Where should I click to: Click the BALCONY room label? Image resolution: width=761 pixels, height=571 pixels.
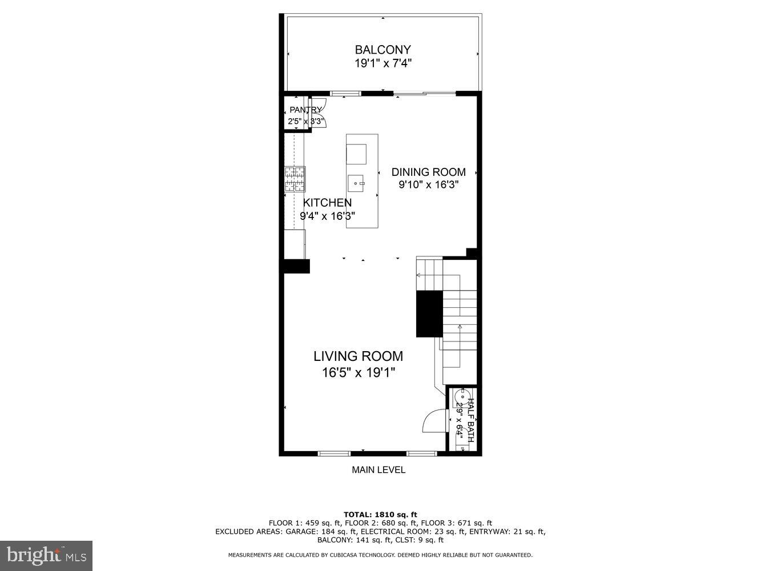382,50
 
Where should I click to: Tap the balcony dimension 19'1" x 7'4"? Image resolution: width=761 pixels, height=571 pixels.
382,63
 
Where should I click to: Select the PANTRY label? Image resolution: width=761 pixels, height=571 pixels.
305,110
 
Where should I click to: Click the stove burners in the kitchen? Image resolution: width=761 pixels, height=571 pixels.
295,179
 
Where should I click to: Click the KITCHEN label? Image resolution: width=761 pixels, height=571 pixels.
327,203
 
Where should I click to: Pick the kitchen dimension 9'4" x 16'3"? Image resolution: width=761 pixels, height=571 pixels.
327,216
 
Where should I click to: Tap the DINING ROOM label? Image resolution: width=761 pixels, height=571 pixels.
428,172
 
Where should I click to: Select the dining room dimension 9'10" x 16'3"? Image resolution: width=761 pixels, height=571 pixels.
428,185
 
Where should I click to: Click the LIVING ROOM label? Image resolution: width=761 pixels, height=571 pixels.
358,356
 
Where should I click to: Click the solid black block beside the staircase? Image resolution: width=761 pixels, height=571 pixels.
429,313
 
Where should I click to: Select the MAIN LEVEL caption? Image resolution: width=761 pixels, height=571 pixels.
378,470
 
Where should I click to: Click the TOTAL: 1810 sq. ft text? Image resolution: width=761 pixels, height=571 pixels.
380,514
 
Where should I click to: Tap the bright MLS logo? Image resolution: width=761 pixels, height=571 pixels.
46,555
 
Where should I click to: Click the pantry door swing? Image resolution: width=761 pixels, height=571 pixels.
320,107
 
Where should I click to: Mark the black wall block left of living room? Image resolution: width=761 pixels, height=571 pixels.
295,266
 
